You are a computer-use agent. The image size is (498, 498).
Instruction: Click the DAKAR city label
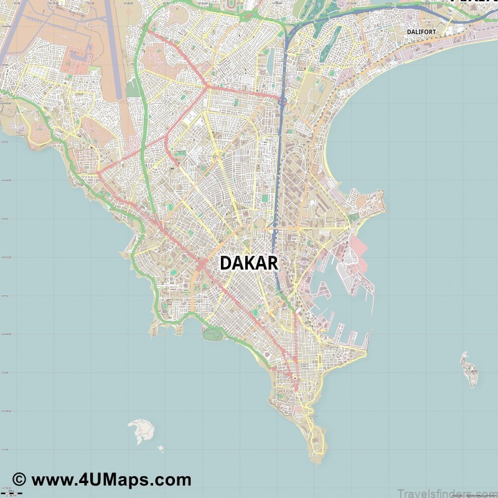click(x=248, y=263)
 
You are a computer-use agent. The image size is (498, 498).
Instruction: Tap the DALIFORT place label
click(x=421, y=31)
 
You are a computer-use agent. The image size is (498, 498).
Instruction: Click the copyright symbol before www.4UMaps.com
click(x=19, y=480)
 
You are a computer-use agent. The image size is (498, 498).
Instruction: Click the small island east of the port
click(x=469, y=369)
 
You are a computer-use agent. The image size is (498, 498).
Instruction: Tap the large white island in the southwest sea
click(x=141, y=431)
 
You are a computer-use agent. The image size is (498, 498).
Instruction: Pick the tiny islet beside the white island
click(x=160, y=448)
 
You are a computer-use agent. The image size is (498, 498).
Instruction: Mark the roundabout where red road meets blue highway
click(x=282, y=100)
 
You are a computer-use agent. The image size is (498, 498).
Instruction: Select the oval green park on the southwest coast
click(x=212, y=334)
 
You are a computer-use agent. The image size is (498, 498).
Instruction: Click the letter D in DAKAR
click(x=225, y=263)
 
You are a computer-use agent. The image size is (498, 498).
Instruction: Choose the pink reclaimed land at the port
click(x=361, y=249)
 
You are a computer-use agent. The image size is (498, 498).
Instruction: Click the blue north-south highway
click(x=280, y=156)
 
